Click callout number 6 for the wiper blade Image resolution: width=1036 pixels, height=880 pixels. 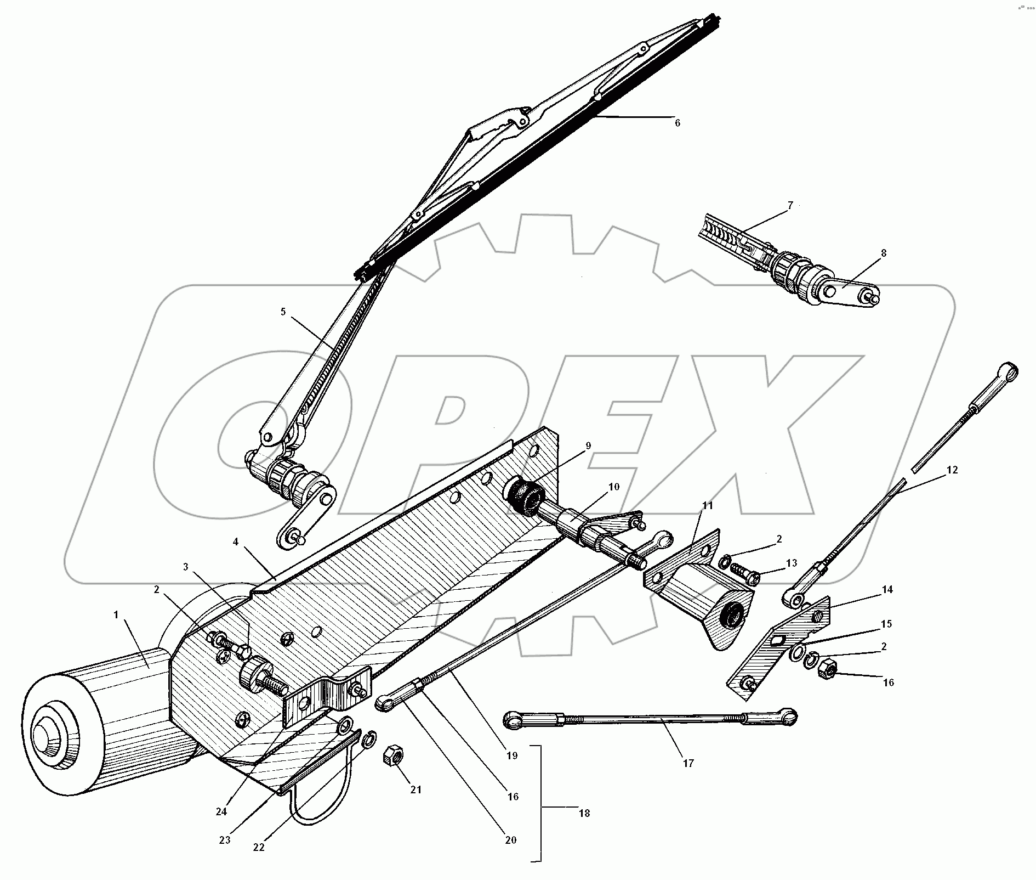tap(678, 123)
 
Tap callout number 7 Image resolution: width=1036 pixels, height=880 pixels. tap(790, 206)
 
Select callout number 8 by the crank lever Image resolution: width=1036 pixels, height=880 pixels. tap(883, 253)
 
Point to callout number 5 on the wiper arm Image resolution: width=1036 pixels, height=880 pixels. tap(283, 312)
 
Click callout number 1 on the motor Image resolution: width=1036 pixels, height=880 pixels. tap(116, 615)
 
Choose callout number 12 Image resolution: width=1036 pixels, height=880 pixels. tap(952, 470)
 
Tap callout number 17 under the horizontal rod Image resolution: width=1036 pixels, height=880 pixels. tap(688, 763)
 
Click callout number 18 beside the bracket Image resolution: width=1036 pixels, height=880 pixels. tap(584, 813)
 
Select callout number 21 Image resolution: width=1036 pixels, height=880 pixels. tap(416, 789)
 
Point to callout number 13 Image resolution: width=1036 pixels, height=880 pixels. tap(791, 563)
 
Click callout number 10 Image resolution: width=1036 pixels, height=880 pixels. tap(613, 487)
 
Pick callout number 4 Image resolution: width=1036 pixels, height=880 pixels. tap(235, 541)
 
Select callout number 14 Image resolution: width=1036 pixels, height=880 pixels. tap(887, 590)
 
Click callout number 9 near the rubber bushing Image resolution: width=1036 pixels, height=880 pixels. tap(588, 446)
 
